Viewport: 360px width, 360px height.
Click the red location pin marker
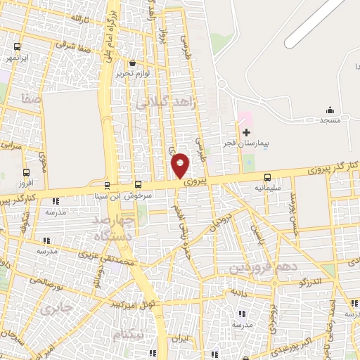(181, 166)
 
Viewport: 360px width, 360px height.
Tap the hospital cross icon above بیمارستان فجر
(246, 132)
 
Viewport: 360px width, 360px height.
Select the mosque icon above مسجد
(330, 110)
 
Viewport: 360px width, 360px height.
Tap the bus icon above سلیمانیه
(267, 178)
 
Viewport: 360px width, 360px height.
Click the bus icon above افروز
(27, 172)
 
